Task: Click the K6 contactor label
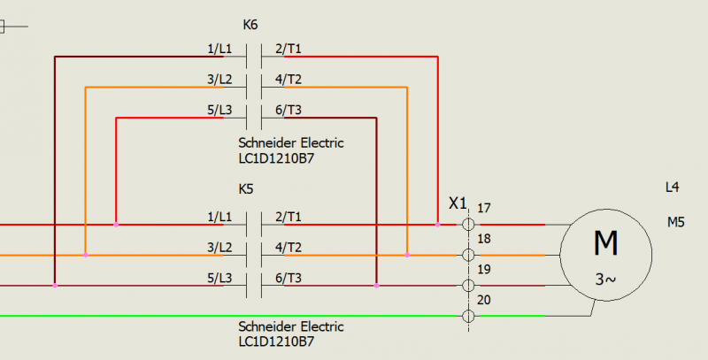[250, 27]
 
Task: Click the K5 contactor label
[246, 189]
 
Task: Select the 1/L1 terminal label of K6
[219, 50]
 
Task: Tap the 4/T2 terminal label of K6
[289, 80]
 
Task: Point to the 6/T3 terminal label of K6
[289, 110]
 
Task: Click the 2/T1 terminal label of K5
[289, 217]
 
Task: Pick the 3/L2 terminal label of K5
[219, 248]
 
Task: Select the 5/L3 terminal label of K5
[219, 279]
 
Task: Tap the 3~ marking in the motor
[605, 280]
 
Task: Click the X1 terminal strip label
[458, 203]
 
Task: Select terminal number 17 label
[483, 209]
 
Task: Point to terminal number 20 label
[483, 300]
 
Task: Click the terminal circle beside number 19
[467, 286]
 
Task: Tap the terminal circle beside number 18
[467, 255]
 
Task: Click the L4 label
[673, 188]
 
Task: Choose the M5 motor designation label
[676, 222]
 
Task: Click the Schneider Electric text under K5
[291, 327]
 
